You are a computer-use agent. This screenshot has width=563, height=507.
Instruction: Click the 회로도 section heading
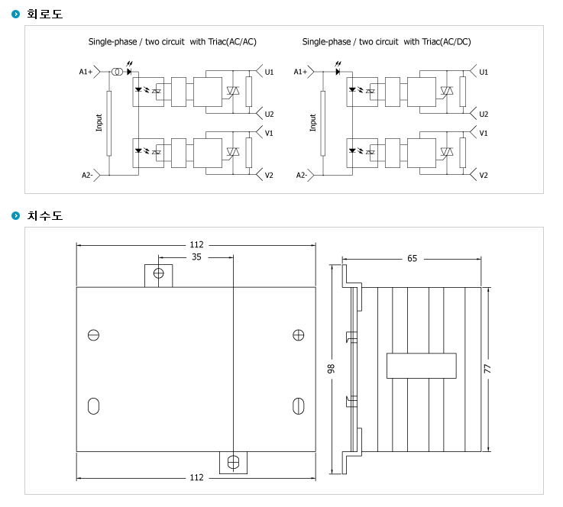tap(45, 14)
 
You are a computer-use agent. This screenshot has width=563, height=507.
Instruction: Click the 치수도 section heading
tap(45, 215)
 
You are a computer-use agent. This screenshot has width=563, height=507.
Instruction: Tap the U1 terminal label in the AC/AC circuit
tap(269, 72)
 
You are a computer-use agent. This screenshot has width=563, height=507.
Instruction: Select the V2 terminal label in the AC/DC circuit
tap(484, 176)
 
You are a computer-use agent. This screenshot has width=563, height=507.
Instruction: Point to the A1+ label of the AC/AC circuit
tap(86, 72)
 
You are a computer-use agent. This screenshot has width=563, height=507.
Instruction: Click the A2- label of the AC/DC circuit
tap(302, 175)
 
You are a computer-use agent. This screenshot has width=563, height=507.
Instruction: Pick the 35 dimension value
tap(196, 257)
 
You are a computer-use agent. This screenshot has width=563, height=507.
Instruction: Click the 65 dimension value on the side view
tap(413, 258)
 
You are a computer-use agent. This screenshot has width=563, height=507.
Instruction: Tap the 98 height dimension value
tap(331, 369)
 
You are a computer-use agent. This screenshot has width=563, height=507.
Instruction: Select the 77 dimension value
tap(487, 369)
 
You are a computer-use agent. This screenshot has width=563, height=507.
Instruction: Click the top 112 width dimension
tap(196, 244)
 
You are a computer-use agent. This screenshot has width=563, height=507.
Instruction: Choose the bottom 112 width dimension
tap(196, 477)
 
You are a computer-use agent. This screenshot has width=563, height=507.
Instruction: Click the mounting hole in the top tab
tap(158, 273)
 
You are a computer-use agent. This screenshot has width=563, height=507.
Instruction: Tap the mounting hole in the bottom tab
tap(234, 462)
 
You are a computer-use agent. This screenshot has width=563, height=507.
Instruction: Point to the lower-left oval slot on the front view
tap(93, 405)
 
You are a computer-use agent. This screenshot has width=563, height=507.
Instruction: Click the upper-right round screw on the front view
tap(299, 335)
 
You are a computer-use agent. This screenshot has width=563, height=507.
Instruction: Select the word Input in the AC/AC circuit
tap(99, 123)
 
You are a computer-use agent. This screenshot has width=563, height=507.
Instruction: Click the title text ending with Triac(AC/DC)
tap(387, 42)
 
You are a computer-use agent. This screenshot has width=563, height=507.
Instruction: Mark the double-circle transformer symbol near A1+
tap(116, 72)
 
